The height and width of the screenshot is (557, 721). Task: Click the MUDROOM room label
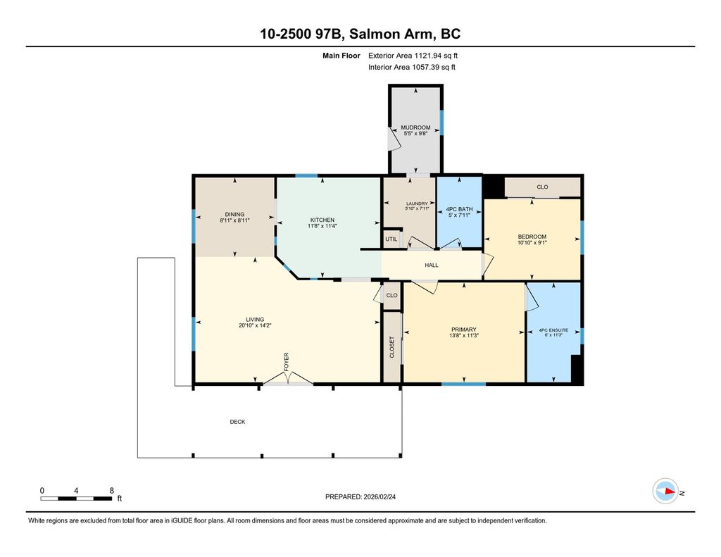point(415,127)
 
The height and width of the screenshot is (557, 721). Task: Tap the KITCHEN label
point(322,220)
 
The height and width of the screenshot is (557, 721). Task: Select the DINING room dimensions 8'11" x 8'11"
point(234,220)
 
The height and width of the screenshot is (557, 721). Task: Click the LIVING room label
point(255,319)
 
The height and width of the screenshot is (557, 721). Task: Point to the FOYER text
point(286,362)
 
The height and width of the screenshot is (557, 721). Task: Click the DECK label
point(238,422)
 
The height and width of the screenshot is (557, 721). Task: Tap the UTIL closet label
point(391,239)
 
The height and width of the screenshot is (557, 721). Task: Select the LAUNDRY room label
point(417,204)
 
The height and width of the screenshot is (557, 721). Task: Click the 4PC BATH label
point(459,209)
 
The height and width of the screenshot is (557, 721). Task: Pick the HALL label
point(432,265)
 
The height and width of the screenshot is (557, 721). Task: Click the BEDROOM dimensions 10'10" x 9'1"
point(532,243)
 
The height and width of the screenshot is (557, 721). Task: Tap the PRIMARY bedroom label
point(463,330)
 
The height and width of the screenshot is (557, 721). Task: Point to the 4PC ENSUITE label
point(553,330)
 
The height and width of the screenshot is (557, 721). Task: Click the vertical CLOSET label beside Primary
point(392,347)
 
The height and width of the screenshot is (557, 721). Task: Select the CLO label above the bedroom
point(543,187)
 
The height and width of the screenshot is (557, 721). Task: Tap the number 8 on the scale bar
point(112,491)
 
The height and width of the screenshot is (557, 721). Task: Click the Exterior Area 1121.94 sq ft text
point(413,56)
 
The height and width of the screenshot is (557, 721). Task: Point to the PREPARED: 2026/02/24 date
point(360,496)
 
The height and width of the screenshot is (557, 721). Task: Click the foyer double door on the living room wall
point(288,379)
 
